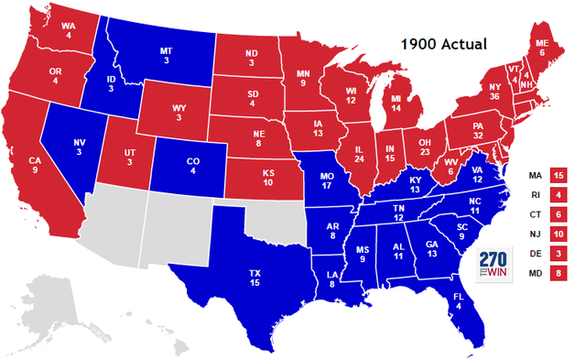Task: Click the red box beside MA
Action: pos(560,174)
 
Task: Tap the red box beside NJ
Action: pos(560,235)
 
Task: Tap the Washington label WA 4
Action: pos(68,31)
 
